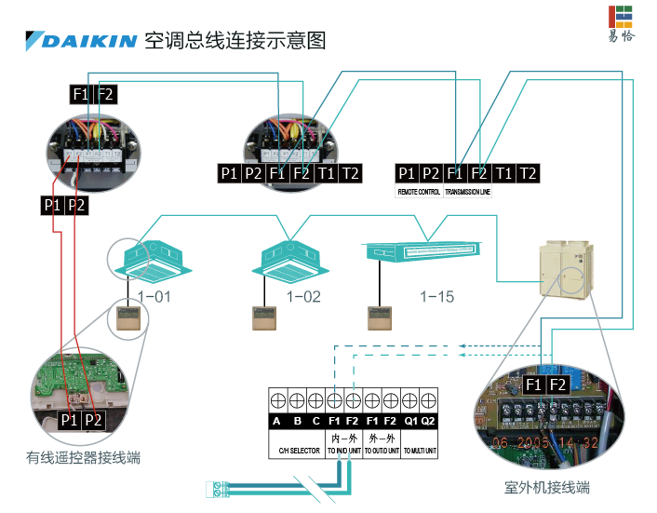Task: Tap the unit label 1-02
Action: (302, 296)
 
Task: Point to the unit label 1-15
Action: (436, 296)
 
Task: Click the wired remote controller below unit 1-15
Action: (381, 317)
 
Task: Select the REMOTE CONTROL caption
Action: (419, 192)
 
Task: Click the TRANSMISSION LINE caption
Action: (467, 192)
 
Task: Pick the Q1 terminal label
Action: (410, 421)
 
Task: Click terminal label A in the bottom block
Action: (276, 421)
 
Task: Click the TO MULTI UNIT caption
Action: (419, 451)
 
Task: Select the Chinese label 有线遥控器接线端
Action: (83, 457)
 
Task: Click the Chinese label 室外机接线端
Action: (546, 486)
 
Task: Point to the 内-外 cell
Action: (343, 437)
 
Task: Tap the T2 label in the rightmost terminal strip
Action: (528, 173)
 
